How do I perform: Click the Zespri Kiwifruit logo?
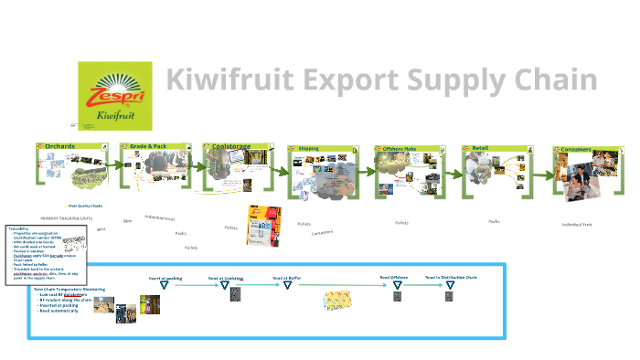116,96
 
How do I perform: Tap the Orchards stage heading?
60,146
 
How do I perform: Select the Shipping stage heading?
309,148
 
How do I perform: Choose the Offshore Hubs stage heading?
400,148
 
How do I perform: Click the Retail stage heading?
481,148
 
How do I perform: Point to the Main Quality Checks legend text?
86,207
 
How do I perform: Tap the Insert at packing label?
165,277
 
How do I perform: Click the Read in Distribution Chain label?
451,277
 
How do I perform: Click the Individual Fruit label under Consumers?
577,224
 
